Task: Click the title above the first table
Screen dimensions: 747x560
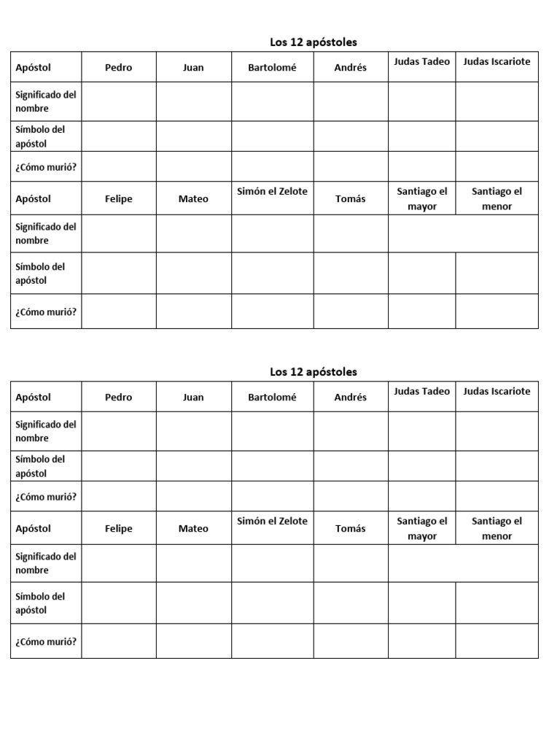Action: click(x=314, y=42)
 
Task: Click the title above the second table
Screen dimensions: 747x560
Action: click(x=314, y=372)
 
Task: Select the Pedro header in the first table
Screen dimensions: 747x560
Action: click(x=118, y=68)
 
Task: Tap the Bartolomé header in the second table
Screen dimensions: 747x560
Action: click(x=273, y=398)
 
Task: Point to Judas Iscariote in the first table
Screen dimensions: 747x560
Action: click(x=497, y=62)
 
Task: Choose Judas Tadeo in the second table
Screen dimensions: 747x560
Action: click(x=421, y=392)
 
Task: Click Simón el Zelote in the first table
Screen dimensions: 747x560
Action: click(x=273, y=192)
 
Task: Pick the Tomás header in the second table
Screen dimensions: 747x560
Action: click(x=350, y=529)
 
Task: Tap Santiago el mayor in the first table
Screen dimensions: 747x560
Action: click(x=422, y=199)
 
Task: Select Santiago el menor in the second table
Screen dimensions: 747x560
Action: click(x=497, y=529)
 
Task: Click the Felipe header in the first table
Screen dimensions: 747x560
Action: click(x=118, y=199)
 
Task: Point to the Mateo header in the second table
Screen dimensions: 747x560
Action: click(x=193, y=529)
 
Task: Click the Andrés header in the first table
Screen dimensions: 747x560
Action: click(x=350, y=68)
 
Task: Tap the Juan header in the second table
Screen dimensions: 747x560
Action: click(x=193, y=398)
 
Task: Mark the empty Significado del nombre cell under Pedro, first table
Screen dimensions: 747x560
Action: click(x=118, y=101)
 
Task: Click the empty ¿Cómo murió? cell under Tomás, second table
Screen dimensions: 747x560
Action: click(x=350, y=641)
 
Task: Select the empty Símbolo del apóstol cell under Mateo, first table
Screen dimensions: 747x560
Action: click(x=193, y=274)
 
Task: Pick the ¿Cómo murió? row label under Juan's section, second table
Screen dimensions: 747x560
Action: click(x=46, y=497)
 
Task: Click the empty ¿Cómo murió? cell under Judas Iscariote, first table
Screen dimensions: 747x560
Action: click(x=497, y=167)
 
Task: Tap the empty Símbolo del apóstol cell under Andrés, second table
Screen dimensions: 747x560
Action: click(x=350, y=466)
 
